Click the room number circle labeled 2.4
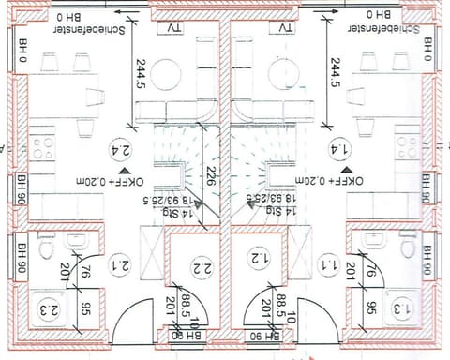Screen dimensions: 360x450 [120, 150]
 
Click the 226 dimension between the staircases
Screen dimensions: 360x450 [212, 174]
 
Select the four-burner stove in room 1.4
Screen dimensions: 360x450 [408, 145]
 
